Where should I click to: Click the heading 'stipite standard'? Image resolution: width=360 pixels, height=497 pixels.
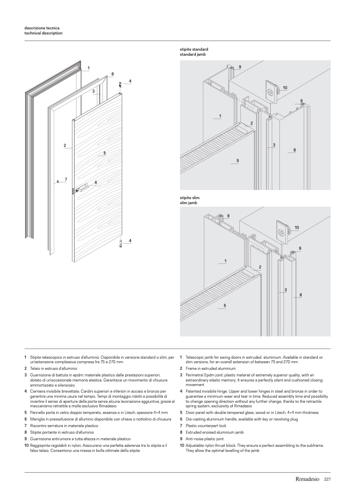194,49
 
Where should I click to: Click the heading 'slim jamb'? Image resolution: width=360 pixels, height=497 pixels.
189,203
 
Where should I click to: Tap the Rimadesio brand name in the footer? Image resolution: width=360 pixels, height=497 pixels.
308,479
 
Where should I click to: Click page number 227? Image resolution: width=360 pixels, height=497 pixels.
328,479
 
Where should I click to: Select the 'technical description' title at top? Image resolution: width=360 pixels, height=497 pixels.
44,33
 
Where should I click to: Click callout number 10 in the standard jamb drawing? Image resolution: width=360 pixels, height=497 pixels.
285,88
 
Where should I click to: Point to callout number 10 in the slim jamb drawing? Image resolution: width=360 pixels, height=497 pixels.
297,227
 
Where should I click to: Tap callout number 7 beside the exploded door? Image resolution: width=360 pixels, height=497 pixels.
66,179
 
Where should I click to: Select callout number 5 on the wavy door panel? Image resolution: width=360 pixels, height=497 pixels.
104,152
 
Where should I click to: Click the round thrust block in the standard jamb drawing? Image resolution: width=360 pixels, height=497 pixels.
272,92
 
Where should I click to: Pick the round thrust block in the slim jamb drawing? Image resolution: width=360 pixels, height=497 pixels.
281,232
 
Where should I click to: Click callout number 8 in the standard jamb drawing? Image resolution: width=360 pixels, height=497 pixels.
295,149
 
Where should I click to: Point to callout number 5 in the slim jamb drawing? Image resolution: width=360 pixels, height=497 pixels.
225,305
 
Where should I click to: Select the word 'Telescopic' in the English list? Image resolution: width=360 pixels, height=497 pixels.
196,357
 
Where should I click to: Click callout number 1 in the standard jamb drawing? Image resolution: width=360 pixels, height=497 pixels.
220,116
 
